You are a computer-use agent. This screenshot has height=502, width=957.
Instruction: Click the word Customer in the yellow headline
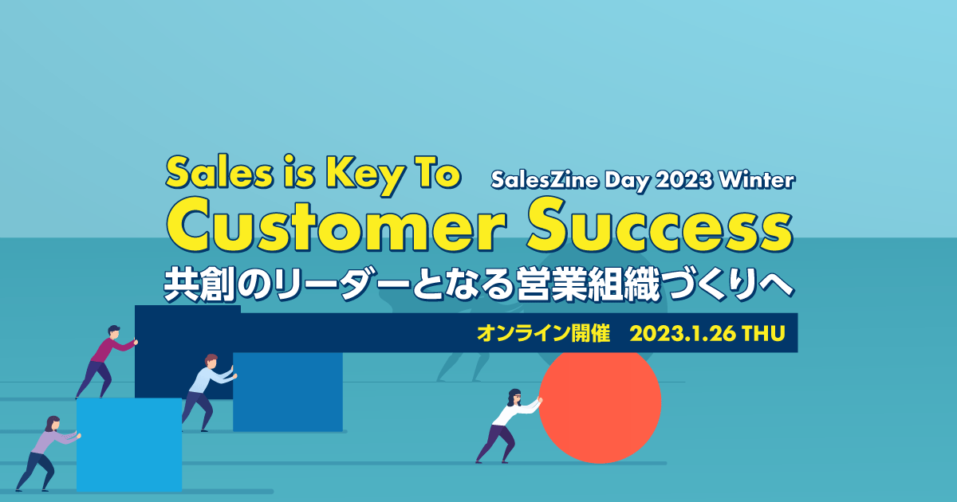(337, 226)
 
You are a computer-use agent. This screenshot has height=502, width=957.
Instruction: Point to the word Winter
(756, 180)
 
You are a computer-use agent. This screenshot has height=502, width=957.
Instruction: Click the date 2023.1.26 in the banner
(683, 333)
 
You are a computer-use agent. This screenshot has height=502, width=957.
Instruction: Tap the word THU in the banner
(763, 333)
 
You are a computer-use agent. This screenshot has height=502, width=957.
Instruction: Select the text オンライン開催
(543, 333)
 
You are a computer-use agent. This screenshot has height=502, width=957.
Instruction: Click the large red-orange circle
(601, 406)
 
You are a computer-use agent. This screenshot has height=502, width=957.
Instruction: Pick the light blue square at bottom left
(129, 445)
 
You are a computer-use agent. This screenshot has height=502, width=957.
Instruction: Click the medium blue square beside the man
(288, 391)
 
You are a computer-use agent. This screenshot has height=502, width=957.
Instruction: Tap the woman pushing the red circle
(509, 426)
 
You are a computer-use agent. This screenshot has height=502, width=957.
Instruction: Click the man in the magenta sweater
(107, 362)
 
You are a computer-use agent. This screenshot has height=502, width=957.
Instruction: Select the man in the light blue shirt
(209, 392)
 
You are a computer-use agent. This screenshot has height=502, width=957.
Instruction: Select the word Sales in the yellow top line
(219, 173)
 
